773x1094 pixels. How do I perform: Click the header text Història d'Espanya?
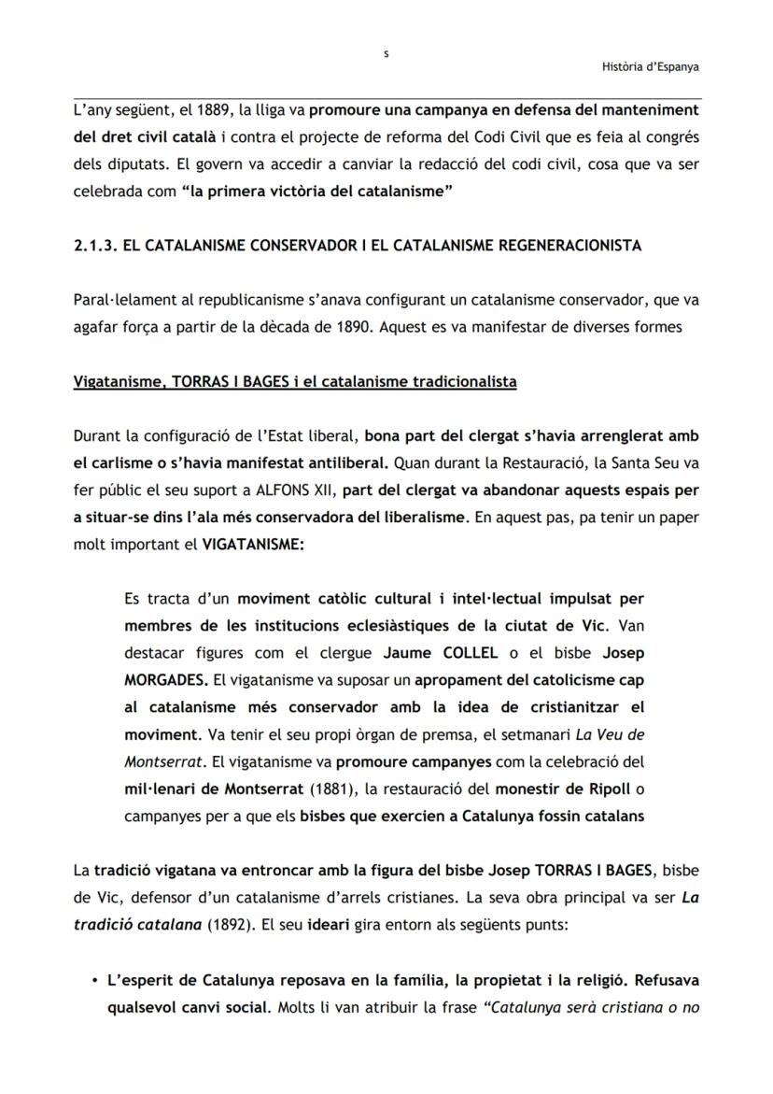coord(651,66)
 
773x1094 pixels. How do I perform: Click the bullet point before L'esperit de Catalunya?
coord(96,981)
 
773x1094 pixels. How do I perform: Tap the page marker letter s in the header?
coord(386,54)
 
